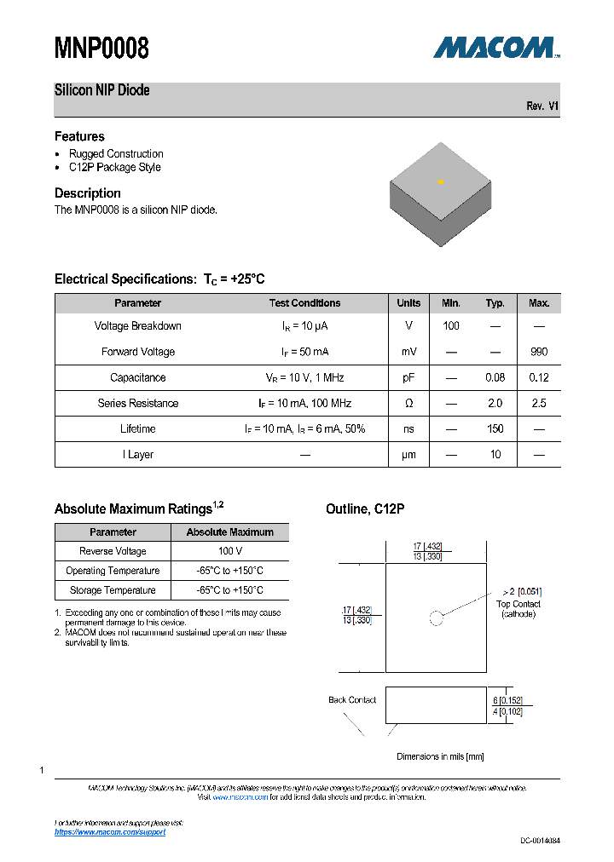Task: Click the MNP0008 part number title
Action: click(101, 49)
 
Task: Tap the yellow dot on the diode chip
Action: click(441, 181)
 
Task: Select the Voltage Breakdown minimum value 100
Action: click(451, 326)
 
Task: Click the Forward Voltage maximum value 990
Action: click(539, 352)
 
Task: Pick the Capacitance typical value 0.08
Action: click(495, 377)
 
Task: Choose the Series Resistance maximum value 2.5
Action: click(539, 403)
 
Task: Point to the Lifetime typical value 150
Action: click(495, 428)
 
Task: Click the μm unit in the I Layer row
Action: click(408, 454)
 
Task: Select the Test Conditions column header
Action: click(304, 303)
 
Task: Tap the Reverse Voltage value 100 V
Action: click(230, 551)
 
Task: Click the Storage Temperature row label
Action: click(113, 590)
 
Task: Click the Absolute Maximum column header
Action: click(230, 532)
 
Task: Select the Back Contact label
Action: click(352, 700)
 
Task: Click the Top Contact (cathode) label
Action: click(518, 609)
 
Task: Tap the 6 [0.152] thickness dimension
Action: click(507, 700)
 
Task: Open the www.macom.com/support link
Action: click(109, 831)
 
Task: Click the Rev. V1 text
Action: click(542, 106)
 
